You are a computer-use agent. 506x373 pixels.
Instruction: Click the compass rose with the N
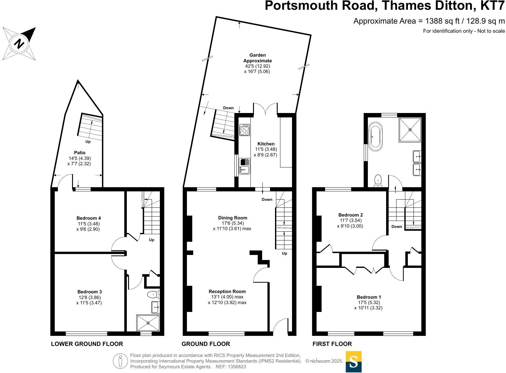pyautogui.click(x=19, y=43)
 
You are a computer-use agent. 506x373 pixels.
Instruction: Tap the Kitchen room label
pyautogui.click(x=266, y=144)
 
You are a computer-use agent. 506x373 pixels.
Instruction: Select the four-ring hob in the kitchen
pyautogui.click(x=245, y=130)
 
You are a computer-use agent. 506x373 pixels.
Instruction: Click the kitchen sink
pyautogui.click(x=244, y=166)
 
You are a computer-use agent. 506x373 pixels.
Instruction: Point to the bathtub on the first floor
pyautogui.click(x=375, y=136)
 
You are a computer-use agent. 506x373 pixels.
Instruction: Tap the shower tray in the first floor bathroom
pyautogui.click(x=410, y=129)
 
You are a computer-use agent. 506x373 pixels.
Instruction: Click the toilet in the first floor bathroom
pyautogui.click(x=378, y=181)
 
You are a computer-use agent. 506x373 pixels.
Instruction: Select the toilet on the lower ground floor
pyautogui.click(x=152, y=295)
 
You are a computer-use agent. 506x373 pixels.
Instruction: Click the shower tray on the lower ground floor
pyautogui.click(x=148, y=323)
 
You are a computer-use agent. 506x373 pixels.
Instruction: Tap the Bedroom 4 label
pyautogui.click(x=89, y=218)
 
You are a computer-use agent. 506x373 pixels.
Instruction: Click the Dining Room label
pyautogui.click(x=233, y=218)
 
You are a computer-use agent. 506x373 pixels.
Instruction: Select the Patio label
pyautogui.click(x=80, y=153)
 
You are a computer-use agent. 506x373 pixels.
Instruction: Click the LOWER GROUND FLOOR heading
pyautogui.click(x=87, y=344)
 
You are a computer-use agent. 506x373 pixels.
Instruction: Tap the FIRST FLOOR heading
pyautogui.click(x=332, y=344)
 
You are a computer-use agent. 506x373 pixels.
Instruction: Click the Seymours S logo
pyautogui.click(x=354, y=362)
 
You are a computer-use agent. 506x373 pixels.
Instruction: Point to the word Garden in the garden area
pyautogui.click(x=257, y=55)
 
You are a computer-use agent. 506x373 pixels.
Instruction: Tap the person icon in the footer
pyautogui.click(x=120, y=361)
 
